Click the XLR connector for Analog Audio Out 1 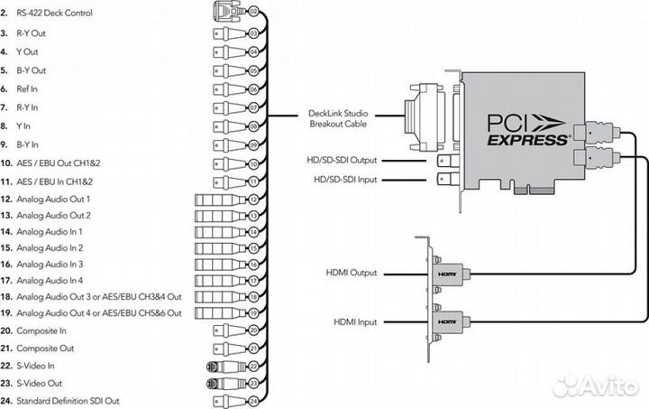point(220,199)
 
